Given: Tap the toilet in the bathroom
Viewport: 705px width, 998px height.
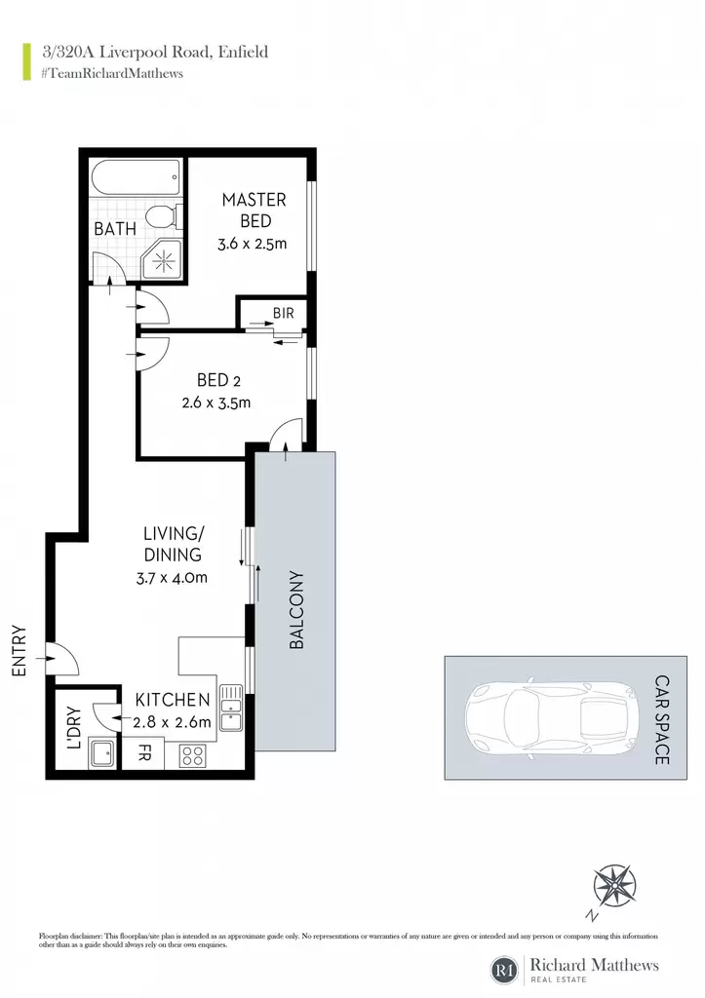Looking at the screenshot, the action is [165, 217].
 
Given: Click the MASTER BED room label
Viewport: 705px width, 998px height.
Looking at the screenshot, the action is [255, 211].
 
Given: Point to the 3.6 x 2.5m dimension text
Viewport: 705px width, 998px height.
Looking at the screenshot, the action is [253, 243].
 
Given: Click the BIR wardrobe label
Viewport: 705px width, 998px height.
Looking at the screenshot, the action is [284, 313].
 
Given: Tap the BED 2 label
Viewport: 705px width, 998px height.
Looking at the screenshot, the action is [218, 380].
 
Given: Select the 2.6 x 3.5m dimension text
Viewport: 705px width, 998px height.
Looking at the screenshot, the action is [216, 403].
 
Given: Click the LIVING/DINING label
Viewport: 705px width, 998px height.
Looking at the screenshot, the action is [172, 544].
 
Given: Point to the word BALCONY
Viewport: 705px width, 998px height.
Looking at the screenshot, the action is [296, 610].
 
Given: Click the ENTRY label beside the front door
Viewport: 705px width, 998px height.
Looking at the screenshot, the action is [20, 650].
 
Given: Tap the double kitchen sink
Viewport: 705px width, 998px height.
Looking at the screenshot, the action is [230, 708].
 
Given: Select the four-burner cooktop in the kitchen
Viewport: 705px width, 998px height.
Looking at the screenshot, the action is [192, 756].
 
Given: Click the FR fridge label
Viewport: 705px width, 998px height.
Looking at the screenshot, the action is [144, 754].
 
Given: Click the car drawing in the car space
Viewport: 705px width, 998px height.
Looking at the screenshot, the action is [552, 718].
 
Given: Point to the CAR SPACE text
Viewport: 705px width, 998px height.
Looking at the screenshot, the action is [662, 719].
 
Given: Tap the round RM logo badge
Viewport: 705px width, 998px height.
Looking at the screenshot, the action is [504, 970].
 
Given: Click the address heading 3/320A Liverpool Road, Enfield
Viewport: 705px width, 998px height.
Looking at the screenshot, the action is [155, 52].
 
